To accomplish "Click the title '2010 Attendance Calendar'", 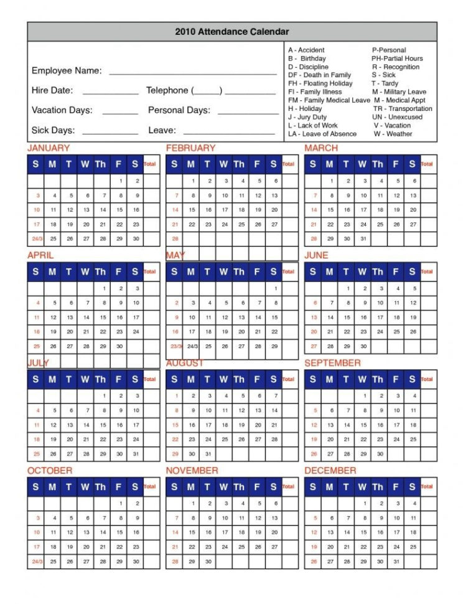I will (231, 32).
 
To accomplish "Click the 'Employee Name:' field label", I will (67, 70).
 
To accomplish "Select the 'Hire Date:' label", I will (52, 90).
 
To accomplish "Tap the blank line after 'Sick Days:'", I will (110, 131).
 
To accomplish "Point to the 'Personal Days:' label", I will (179, 110).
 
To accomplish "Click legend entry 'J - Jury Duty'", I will (307, 117).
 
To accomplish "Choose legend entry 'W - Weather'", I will (393, 134).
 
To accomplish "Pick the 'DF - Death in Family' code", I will (319, 75).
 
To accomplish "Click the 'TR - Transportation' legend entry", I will (402, 108).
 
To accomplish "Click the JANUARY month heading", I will (49, 148).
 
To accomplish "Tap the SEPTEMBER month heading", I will (332, 363).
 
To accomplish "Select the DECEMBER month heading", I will (330, 471).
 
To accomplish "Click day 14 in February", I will (175, 210).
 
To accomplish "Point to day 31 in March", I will (363, 239).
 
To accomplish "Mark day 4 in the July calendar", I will (37, 411).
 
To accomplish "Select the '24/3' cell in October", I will (36, 562).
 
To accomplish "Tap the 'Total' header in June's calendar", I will (427, 271).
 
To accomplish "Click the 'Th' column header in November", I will (239, 486).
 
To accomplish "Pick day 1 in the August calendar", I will (176, 396).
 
